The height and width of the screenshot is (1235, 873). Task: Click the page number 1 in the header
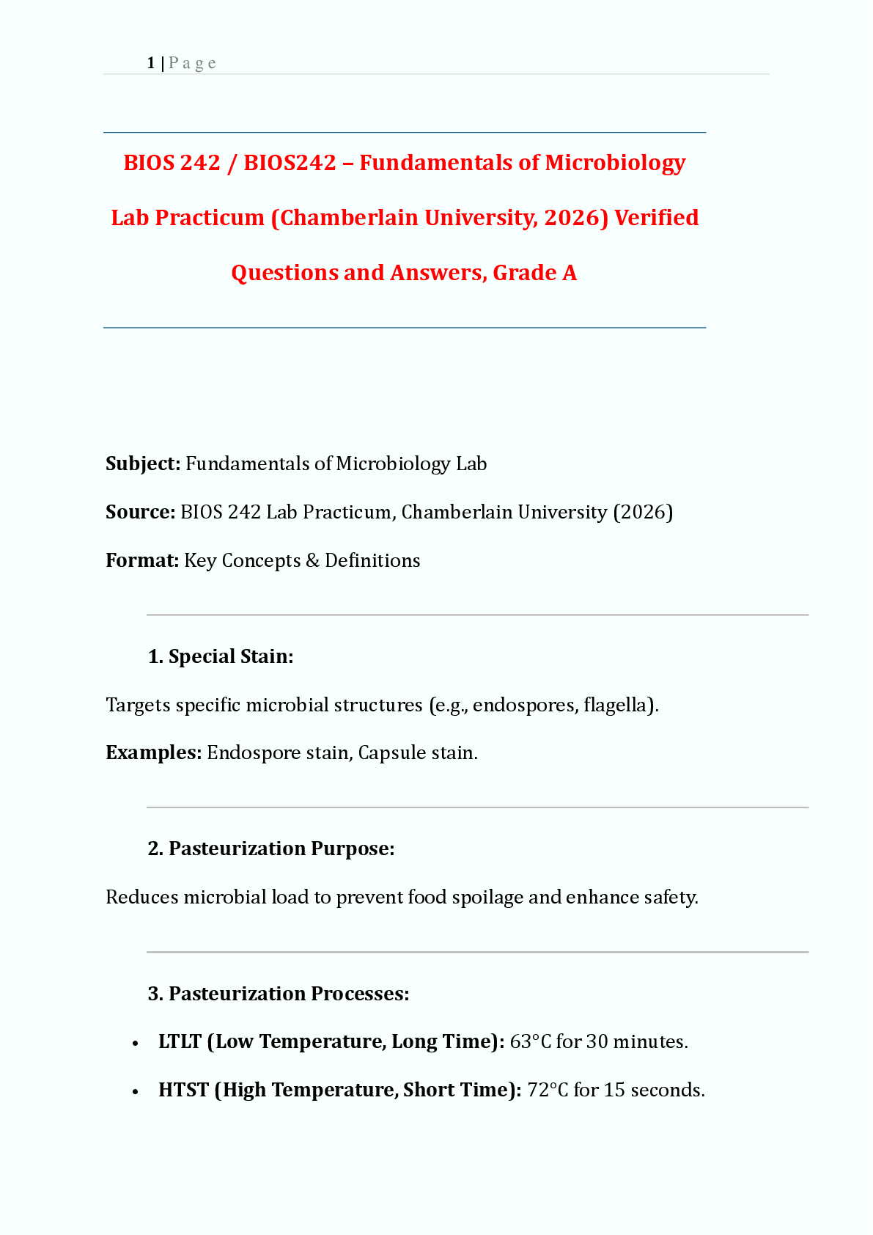click(150, 63)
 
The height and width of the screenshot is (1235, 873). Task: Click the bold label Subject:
click(143, 463)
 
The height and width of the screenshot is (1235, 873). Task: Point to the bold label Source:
click(140, 512)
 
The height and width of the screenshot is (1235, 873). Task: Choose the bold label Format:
click(142, 560)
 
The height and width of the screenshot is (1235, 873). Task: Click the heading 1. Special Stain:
click(221, 656)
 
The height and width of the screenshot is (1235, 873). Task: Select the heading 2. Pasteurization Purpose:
click(271, 849)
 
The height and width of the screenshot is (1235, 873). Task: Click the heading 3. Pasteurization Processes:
click(279, 994)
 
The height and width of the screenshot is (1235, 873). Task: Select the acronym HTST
click(183, 1090)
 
